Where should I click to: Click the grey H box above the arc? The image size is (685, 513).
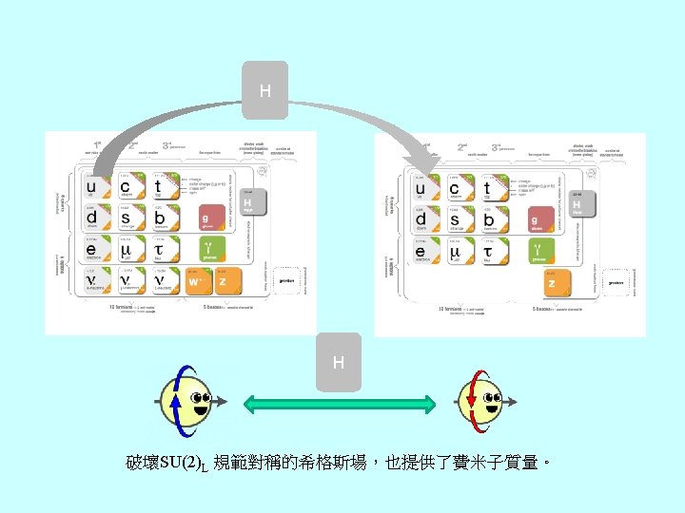pos(264,91)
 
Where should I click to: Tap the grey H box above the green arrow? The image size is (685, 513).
pos(339,362)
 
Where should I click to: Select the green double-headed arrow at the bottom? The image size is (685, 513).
pos(340,404)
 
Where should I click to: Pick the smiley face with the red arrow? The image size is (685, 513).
pos(481,402)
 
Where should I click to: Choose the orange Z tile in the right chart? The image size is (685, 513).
pos(550,282)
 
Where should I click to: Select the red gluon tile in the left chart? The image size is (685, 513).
pos(211,218)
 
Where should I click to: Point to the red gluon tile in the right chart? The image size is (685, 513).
pos(539,218)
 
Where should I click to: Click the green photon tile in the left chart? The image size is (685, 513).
pos(211,250)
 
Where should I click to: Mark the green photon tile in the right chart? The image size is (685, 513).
pos(539,251)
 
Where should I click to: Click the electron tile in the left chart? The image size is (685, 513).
pos(91,250)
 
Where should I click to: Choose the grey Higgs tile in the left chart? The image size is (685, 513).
pos(251,202)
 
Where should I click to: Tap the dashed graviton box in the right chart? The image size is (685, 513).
pos(617,282)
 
